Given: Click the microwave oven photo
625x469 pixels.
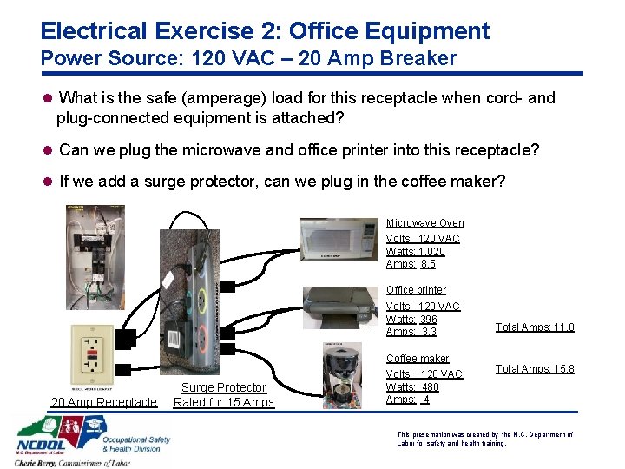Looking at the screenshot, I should click(339, 239).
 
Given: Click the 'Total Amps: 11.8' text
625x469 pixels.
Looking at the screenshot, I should click(535, 327).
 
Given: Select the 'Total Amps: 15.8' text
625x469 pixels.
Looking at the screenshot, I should click(535, 369).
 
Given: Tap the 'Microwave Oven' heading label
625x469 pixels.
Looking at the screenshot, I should click(424, 223).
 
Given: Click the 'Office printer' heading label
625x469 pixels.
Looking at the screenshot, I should click(416, 290).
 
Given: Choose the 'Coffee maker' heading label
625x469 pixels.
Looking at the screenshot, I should click(418, 359).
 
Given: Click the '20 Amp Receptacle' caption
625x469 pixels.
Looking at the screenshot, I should click(104, 402).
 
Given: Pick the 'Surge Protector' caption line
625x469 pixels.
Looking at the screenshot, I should click(223, 387).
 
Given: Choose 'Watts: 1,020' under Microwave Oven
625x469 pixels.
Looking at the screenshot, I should click(415, 252).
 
